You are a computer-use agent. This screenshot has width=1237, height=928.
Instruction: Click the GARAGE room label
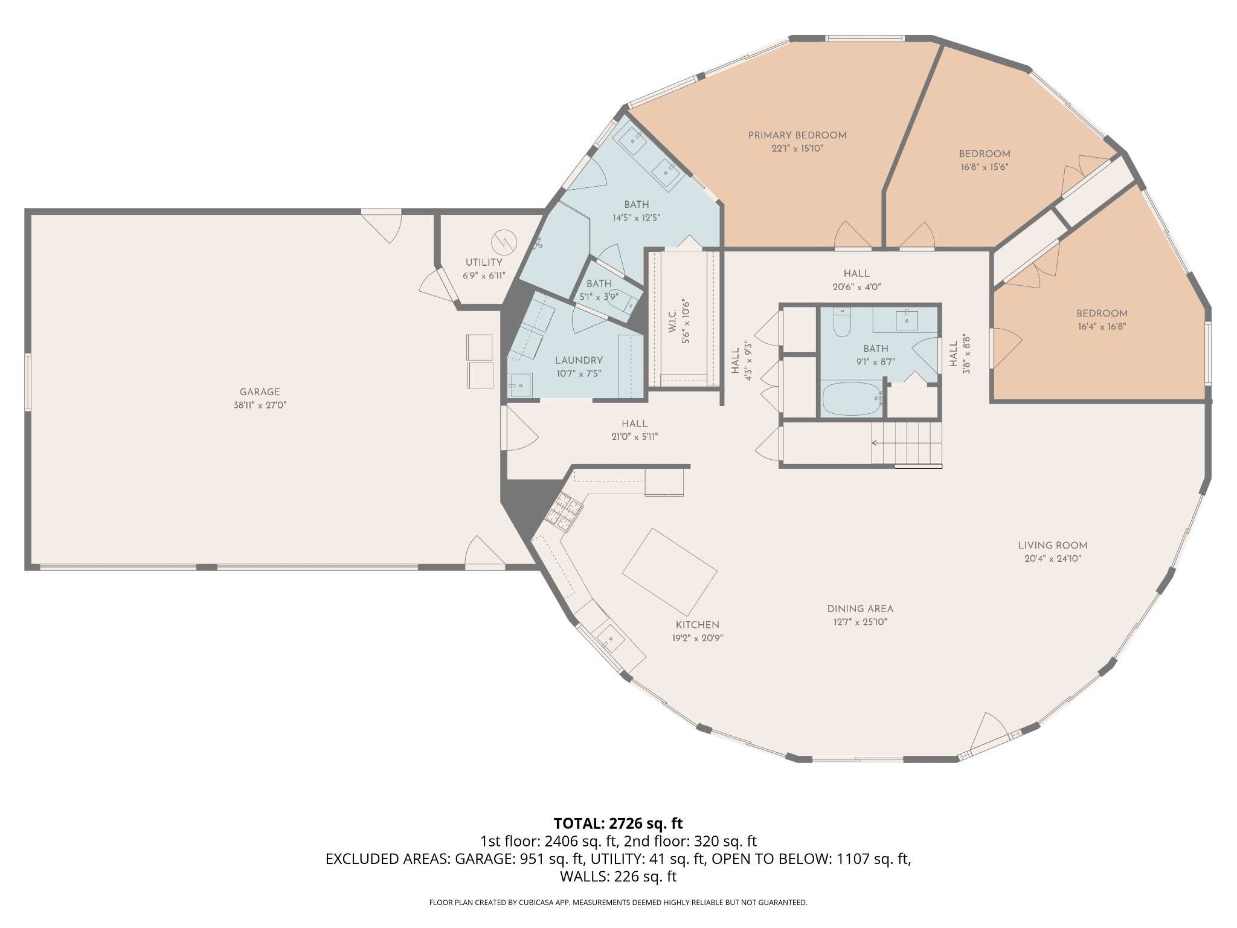click(260, 392)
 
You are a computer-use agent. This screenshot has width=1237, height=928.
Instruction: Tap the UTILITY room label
click(484, 262)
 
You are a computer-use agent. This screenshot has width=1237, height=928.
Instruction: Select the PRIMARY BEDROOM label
click(797, 135)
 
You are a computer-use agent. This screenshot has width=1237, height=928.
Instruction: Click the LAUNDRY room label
click(579, 360)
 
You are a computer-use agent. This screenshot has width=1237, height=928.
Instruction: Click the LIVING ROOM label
click(1053, 546)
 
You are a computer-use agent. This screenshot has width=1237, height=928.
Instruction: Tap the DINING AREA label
click(860, 609)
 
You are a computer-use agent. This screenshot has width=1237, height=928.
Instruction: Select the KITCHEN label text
click(698, 625)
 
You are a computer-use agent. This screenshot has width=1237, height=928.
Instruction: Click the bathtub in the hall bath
click(852, 399)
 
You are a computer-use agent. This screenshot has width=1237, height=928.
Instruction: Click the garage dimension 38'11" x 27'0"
click(260, 405)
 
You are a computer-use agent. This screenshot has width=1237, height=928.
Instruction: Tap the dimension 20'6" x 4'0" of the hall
click(856, 288)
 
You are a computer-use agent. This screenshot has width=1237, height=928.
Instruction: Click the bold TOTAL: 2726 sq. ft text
click(618, 823)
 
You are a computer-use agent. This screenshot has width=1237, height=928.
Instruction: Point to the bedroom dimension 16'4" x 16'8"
click(1102, 327)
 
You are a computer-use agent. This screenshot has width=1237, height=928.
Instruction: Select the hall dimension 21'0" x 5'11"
click(634, 437)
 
